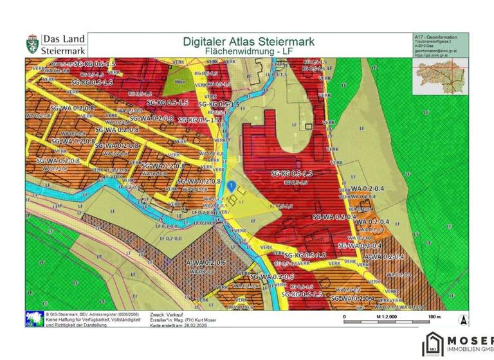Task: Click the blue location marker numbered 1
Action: (230, 186)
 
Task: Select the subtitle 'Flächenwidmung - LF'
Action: (249, 51)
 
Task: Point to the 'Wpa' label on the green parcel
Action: (181, 82)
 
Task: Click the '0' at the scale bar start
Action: (345, 316)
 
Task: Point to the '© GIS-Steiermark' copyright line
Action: (71, 314)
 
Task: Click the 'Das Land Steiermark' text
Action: (62, 44)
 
